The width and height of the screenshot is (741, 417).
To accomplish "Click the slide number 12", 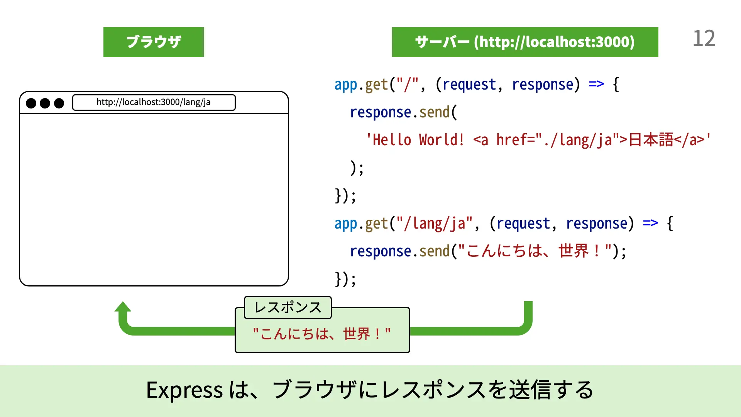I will click(704, 39).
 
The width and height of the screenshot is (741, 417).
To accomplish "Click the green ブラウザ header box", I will click(153, 42).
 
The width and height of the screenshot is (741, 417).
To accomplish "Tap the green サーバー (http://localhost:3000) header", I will click(525, 42).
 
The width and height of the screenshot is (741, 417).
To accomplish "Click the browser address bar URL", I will click(154, 102).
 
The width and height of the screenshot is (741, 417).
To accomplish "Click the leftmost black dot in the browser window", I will click(31, 103).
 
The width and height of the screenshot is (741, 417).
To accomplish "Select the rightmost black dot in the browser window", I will click(59, 103).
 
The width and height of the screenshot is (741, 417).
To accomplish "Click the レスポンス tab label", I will click(288, 307).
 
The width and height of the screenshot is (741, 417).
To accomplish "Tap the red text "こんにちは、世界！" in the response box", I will click(322, 334).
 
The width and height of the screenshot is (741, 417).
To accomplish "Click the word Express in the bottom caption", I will click(184, 390).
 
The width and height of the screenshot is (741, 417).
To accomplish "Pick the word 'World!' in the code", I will click(442, 140).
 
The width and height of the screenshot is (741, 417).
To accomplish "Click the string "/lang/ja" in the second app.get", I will click(435, 224).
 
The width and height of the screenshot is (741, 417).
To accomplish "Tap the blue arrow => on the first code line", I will click(596, 84).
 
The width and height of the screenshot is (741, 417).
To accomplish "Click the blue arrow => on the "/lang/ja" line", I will click(650, 223).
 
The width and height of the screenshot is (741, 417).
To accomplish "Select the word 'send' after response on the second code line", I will click(435, 112).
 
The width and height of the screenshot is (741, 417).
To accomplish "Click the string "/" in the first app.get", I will click(408, 85).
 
